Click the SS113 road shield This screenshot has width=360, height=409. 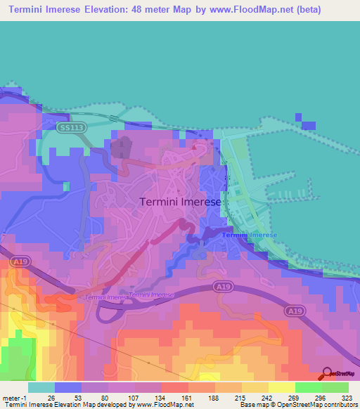click(70, 127)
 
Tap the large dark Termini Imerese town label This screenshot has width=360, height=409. click(181, 201)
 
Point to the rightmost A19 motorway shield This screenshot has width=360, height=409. click(295, 310)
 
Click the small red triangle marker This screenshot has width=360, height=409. click(195, 147)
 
